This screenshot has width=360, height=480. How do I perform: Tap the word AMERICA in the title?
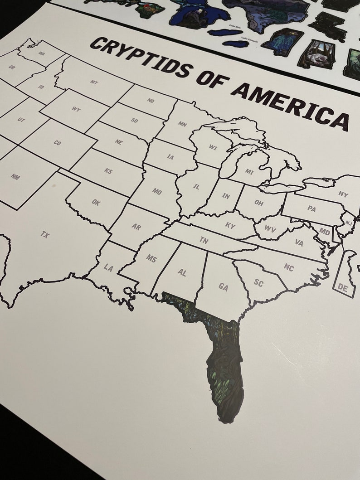tap(290, 103)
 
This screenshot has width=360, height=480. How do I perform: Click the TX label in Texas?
tap(45, 234)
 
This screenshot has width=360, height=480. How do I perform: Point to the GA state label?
tap(223, 286)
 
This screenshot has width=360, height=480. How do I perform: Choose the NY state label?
tap(343, 194)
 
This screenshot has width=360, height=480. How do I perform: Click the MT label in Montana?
tap(94, 82)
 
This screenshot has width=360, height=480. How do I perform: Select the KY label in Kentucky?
tap(230, 225)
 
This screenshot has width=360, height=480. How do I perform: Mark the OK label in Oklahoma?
tap(96, 203)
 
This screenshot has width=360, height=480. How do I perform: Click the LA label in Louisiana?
tap(108, 268)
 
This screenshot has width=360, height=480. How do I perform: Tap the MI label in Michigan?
tap(249, 171)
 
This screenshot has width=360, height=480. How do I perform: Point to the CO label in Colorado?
tap(57, 143)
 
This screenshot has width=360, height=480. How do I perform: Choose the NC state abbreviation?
tap(289, 267)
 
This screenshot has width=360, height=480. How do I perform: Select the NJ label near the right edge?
tap(348, 223)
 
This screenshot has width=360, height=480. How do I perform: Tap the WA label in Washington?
tap(42, 53)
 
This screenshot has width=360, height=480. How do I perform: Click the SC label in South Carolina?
tap(258, 283)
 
